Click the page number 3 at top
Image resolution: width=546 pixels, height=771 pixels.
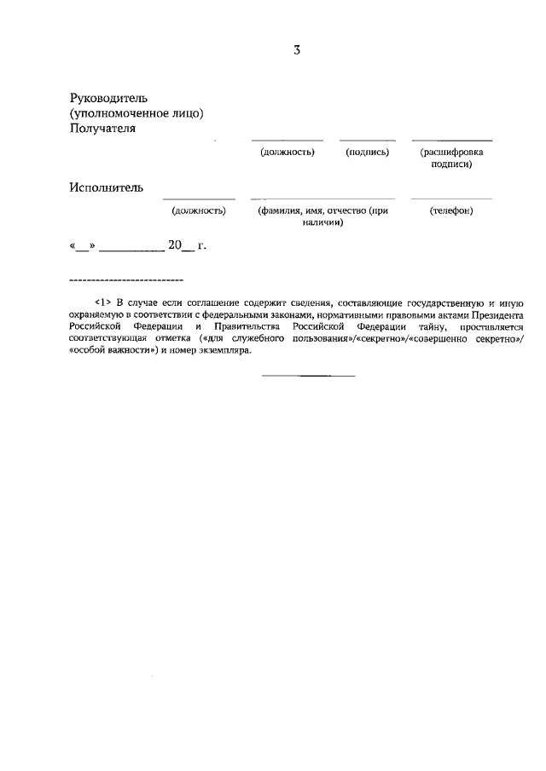point(297,49)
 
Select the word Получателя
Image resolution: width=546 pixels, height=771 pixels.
point(102,128)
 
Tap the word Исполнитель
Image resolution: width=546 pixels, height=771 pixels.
point(107,187)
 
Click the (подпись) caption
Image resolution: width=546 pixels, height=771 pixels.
point(368,152)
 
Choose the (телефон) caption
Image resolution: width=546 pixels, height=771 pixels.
point(451,210)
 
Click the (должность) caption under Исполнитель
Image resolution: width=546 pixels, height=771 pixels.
point(199,210)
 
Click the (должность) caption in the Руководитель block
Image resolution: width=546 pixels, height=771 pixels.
point(288,152)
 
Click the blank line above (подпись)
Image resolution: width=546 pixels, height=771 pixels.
point(368,140)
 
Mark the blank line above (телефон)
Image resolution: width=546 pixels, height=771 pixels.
point(451,198)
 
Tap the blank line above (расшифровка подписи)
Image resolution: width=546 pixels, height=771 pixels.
point(452,140)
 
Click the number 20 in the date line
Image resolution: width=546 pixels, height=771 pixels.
point(176,245)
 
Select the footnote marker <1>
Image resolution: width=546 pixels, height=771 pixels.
point(102,302)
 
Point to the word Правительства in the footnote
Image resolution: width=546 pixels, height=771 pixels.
point(247,326)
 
